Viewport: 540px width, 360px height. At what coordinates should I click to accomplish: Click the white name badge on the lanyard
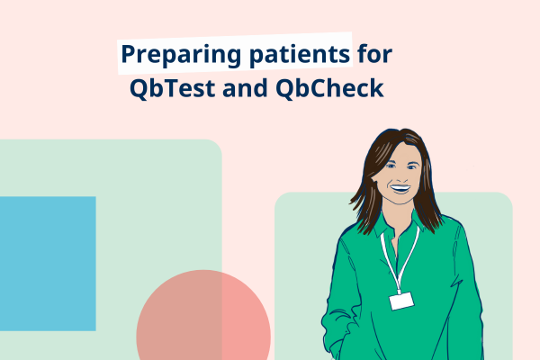point(400,301)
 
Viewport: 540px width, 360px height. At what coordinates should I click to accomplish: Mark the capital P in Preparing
point(129,55)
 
